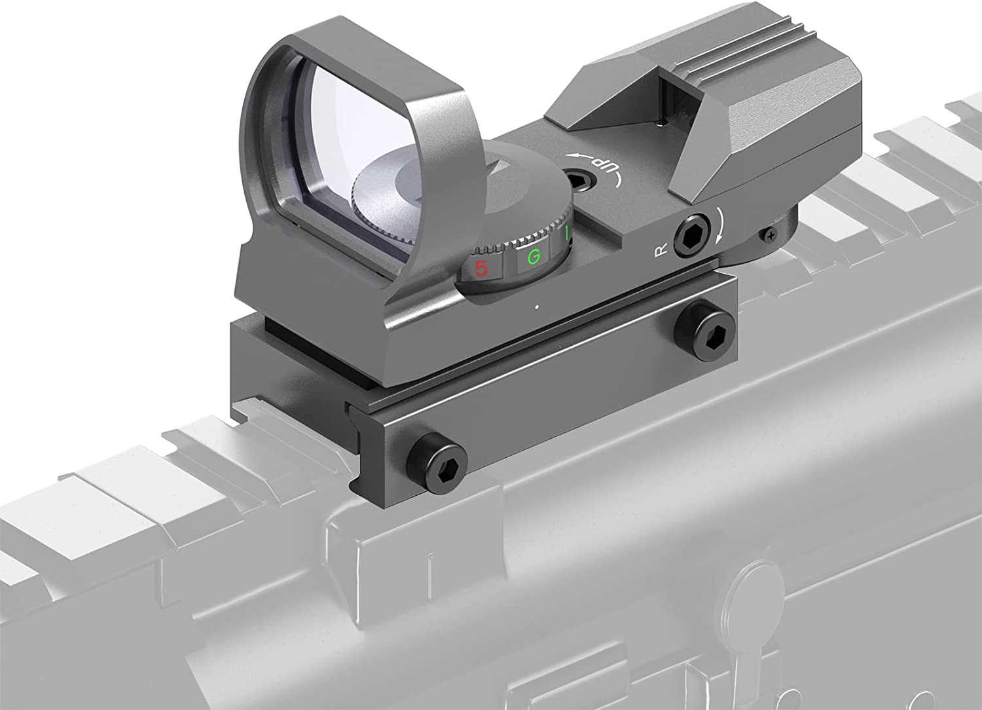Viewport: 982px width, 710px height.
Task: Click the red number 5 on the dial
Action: point(482,268)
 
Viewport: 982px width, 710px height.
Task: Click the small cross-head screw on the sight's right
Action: point(771,233)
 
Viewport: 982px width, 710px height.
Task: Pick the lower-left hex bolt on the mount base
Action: point(435,455)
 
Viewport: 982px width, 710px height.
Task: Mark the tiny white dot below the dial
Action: point(536,306)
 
